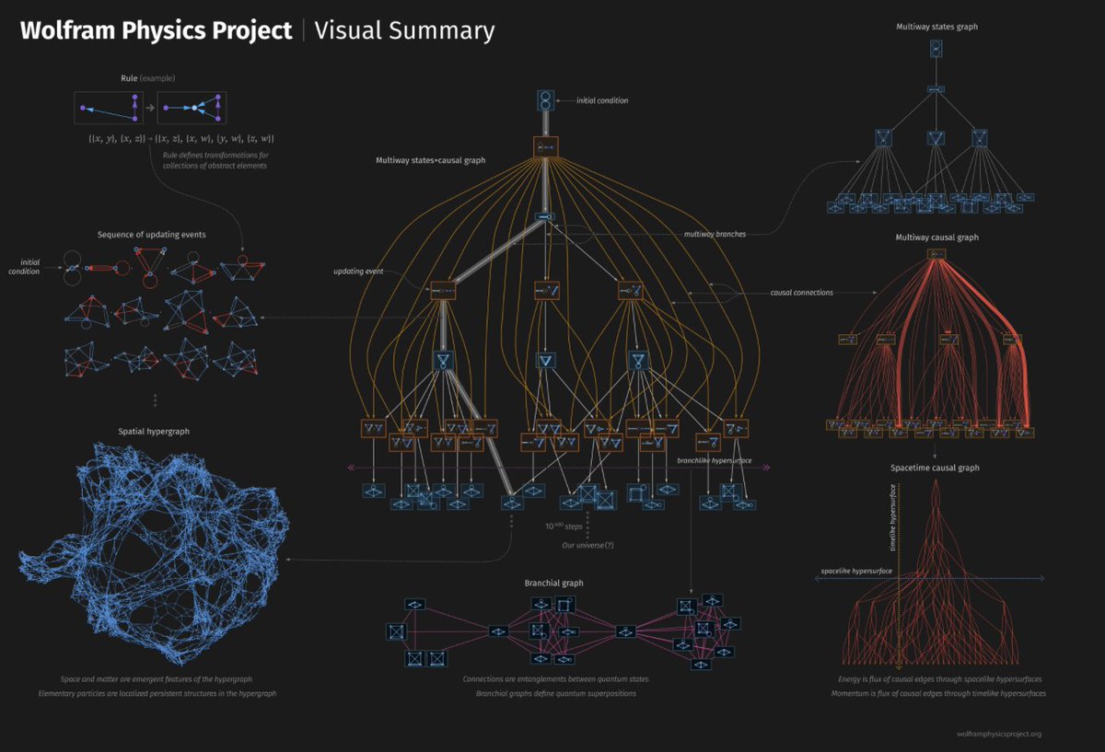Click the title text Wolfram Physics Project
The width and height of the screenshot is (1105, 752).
156,30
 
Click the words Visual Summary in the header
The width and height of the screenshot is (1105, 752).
404,30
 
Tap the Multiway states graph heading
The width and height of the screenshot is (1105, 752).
936,27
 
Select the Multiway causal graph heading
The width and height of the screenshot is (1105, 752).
936,237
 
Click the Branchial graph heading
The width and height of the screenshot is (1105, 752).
553,583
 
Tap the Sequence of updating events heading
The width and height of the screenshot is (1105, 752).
151,235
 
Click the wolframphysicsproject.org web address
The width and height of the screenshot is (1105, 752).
999,734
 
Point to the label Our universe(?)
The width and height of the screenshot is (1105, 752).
587,545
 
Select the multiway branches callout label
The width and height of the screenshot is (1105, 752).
715,234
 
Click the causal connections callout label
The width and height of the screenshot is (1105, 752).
801,293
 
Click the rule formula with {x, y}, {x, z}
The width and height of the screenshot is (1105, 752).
180,138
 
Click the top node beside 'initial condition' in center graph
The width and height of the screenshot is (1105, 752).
545,100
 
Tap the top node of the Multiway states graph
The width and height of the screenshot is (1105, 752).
936,50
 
